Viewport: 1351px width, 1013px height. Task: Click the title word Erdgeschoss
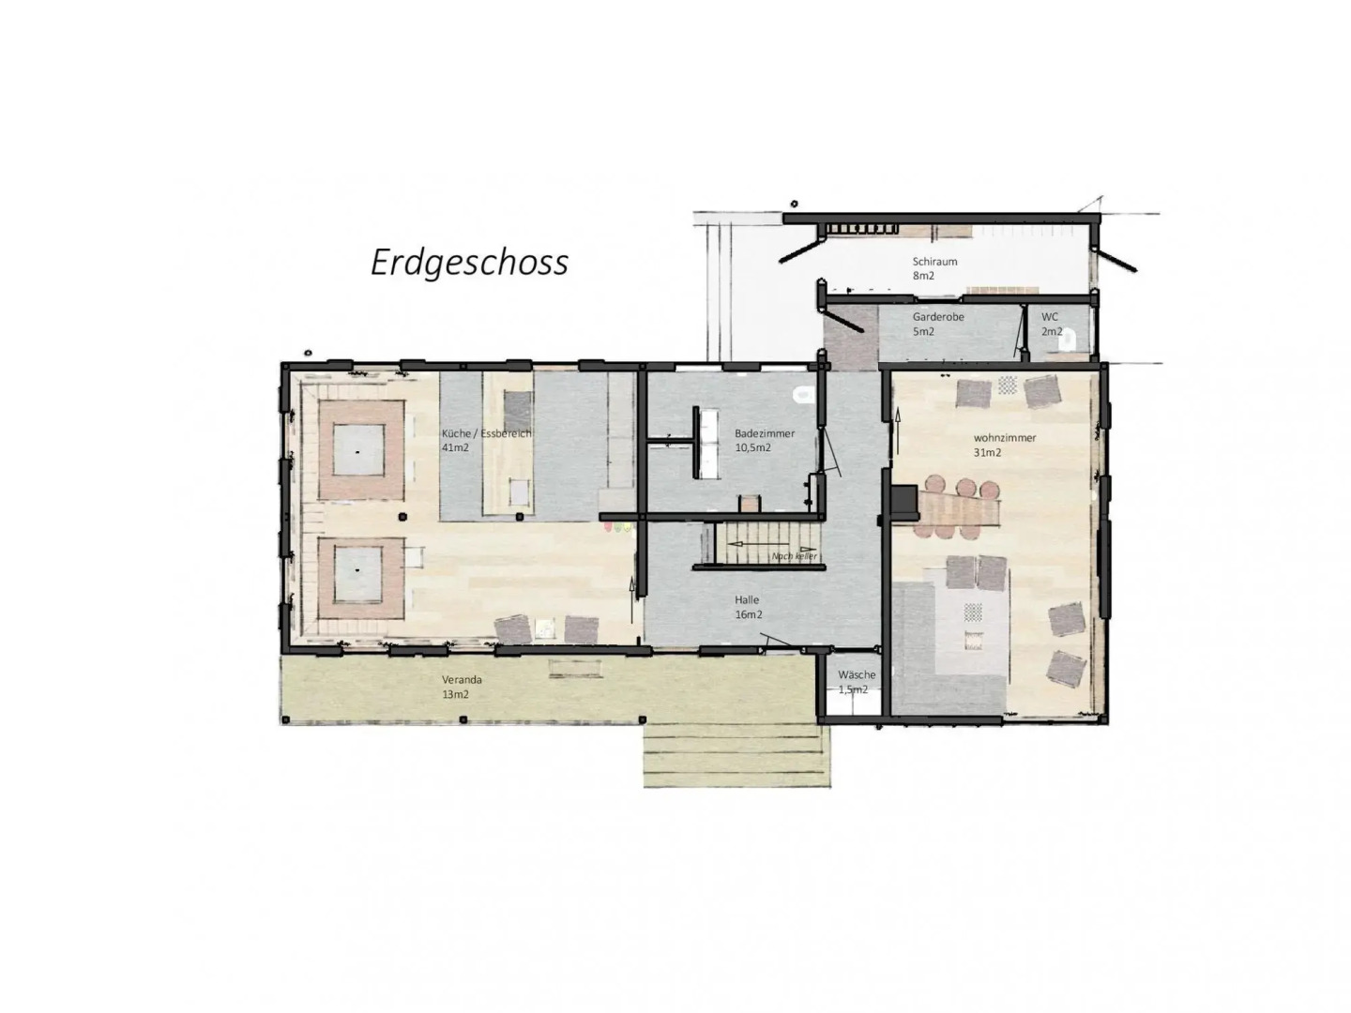(x=469, y=263)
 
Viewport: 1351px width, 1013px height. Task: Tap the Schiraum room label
(x=934, y=262)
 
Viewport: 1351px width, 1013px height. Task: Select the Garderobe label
(x=938, y=317)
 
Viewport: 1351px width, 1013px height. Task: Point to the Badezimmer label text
(x=765, y=433)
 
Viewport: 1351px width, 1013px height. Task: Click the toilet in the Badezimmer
(x=802, y=394)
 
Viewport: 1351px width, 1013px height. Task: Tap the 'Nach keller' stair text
(x=794, y=556)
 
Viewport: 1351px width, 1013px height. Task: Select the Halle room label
(x=747, y=599)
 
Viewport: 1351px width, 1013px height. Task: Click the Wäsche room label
(x=857, y=674)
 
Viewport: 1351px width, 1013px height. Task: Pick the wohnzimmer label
(x=1005, y=438)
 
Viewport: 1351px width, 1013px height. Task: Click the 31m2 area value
(x=987, y=452)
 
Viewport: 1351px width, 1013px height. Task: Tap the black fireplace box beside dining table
(x=904, y=501)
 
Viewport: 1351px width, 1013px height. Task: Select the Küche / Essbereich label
(x=486, y=433)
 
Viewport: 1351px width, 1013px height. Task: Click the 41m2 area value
(x=455, y=448)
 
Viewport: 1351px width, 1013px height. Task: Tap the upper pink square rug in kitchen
(x=361, y=450)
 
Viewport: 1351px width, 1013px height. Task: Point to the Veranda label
(x=462, y=679)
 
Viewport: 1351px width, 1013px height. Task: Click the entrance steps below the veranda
(x=736, y=755)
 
